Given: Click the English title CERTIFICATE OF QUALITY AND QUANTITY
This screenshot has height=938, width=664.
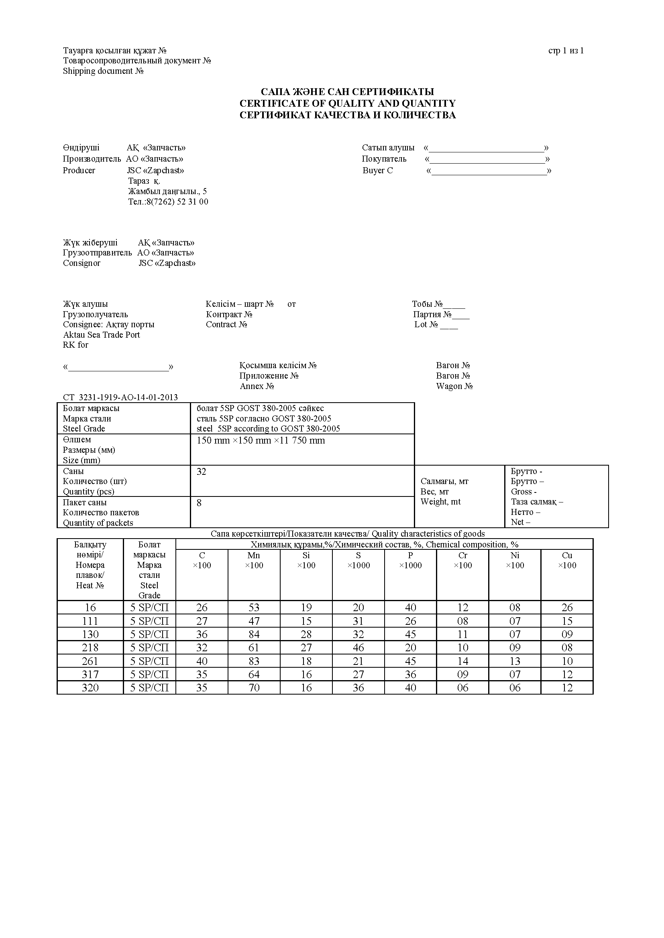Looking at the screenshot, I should click(x=347, y=103).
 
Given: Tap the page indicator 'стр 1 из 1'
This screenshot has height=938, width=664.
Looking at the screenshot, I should click(x=566, y=51).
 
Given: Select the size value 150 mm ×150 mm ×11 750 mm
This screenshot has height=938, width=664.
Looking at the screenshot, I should click(x=261, y=440).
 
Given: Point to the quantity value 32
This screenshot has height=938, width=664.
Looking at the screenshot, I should click(x=201, y=472).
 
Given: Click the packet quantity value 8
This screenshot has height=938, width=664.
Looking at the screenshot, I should click(x=199, y=503).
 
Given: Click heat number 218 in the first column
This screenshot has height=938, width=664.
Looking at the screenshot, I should click(x=90, y=648).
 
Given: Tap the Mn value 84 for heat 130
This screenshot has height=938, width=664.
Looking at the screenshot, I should click(x=254, y=634).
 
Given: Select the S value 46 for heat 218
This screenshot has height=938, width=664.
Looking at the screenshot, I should click(x=358, y=648).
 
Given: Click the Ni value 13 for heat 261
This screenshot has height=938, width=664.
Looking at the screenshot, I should click(x=515, y=661).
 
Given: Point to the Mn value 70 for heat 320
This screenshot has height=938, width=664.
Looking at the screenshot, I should click(x=254, y=688).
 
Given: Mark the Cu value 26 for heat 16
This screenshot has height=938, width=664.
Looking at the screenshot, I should click(x=567, y=608).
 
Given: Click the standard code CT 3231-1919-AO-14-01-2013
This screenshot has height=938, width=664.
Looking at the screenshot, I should click(x=120, y=397).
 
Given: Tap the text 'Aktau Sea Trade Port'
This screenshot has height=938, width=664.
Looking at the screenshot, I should click(x=102, y=334).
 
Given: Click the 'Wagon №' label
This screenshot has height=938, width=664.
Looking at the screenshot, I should click(x=454, y=386).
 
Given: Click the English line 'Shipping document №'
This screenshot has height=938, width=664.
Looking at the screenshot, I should click(x=103, y=71).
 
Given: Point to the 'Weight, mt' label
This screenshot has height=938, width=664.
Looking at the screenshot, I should click(x=440, y=502).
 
